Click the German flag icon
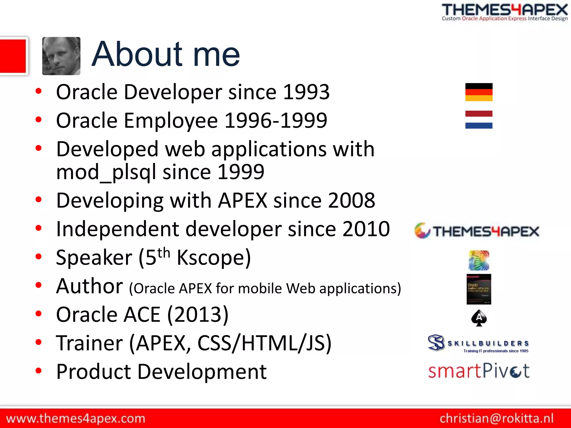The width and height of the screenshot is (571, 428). point(479,92)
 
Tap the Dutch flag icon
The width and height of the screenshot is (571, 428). point(479,120)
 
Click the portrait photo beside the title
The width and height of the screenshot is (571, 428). point(61,56)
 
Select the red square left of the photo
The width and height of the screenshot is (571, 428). point(13,56)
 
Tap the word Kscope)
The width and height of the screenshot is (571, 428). point(214,257)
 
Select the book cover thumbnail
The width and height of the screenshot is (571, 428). point(479,289)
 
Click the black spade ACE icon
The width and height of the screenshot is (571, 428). point(479,318)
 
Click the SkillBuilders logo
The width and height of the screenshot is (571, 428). point(478,343)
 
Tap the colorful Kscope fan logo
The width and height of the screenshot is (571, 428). point(479,260)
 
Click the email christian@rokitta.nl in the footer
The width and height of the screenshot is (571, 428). point(497,418)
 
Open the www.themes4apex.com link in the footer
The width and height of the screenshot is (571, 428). point(76,419)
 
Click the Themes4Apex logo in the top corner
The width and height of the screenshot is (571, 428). point(504,12)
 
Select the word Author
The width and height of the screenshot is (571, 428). point(89,286)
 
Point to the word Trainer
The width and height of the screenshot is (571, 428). point(89,343)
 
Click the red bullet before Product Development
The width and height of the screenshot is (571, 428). point(38,371)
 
